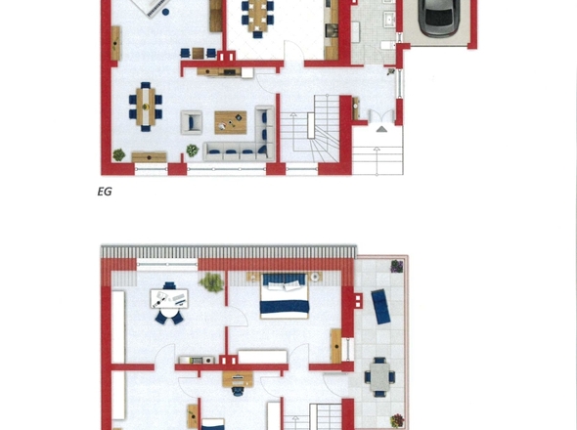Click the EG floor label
coord(105,192)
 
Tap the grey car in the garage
coord(439,18)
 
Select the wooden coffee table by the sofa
coord(231,122)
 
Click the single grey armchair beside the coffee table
coord(192,122)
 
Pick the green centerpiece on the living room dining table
coord(146,107)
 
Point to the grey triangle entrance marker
coord(381,129)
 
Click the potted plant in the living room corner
coord(119,154)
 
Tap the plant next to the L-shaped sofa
coord(192,150)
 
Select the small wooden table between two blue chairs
coord(198,54)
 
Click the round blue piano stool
coord(165,12)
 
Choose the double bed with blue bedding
coord(284,296)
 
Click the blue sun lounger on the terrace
coord(380,307)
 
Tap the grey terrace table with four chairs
coord(379,377)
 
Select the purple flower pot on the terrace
coord(397,266)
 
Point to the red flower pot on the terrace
coord(397,420)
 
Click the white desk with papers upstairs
coord(169,299)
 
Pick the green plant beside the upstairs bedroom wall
coord(211,282)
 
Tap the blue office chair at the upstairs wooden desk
coord(238,391)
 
